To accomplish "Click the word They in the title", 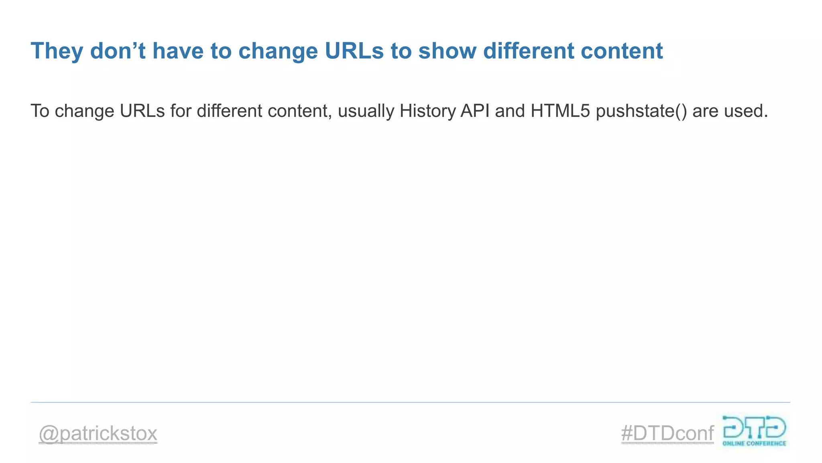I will coord(57,51).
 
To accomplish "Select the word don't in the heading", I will coord(118,51).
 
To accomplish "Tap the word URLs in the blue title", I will coord(354,51).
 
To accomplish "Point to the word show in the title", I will coord(447,51).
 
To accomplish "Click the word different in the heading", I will coord(529,51).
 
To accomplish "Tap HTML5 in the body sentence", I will coord(560,111).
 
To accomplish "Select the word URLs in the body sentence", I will coord(142,111).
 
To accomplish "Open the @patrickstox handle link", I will coord(98,434).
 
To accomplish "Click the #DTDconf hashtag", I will coord(667,434).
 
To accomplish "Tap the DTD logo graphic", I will coord(754,428).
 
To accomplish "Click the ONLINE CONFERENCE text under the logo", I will coord(754,444).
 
